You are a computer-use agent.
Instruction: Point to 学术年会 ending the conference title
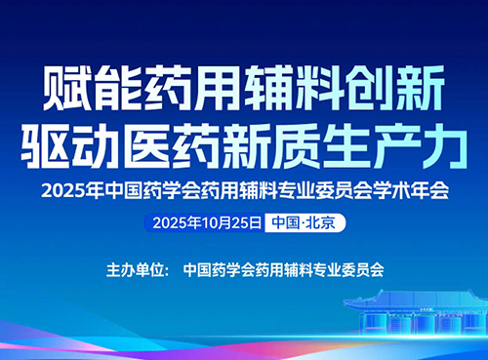click(417, 191)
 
